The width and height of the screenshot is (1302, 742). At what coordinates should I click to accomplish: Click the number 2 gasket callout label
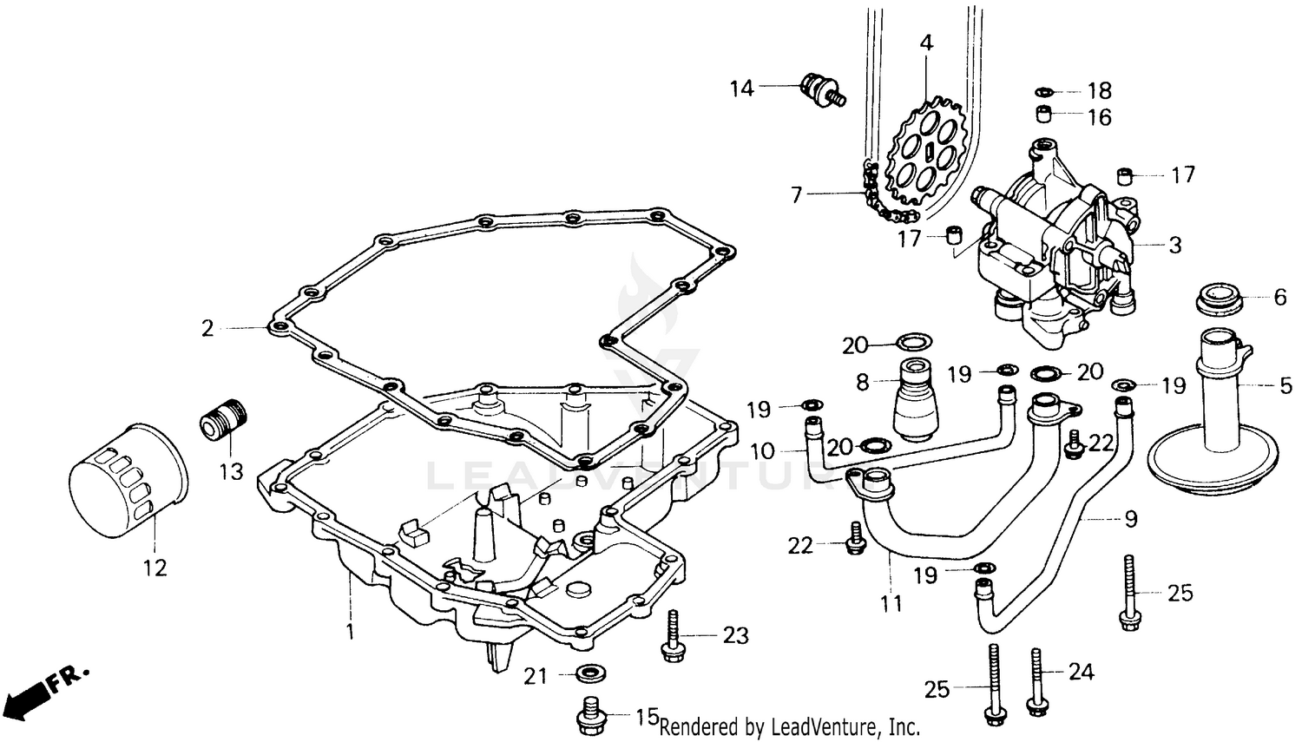click(207, 328)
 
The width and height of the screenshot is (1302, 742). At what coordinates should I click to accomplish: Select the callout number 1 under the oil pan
click(350, 633)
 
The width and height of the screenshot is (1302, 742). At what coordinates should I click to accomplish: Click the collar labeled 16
click(1045, 115)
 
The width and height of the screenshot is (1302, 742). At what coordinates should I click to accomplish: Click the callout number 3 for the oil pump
click(1174, 246)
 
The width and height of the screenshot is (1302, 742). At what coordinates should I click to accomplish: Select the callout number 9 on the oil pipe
click(1130, 519)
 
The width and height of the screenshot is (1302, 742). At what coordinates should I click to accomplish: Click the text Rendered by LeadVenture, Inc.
click(789, 726)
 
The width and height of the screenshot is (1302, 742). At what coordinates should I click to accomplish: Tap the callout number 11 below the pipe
click(891, 602)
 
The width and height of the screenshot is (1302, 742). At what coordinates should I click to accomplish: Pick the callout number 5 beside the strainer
click(1286, 384)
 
